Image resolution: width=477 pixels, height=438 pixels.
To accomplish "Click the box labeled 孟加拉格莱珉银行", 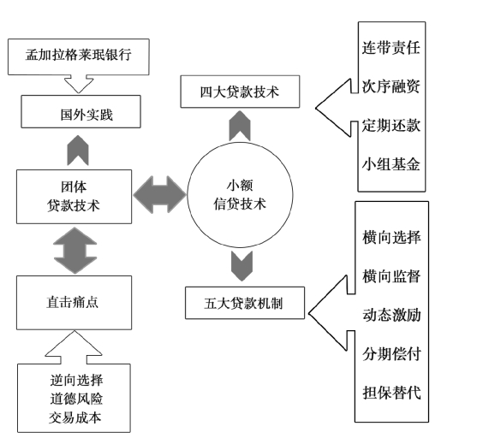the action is tap(79, 56).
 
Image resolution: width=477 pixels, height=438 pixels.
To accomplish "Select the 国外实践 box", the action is tap(80, 111).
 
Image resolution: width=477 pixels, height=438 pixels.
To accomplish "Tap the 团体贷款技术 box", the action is tap(75, 197).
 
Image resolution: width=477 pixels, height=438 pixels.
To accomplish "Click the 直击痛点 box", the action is tap(75, 303).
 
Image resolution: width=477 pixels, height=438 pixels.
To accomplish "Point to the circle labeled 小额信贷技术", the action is tap(240, 195).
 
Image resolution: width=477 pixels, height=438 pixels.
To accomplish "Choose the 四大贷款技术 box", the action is tap(240, 92).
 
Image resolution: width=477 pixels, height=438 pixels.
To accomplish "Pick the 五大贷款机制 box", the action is tap(245, 303).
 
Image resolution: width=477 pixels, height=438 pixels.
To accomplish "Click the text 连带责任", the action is tap(391, 48).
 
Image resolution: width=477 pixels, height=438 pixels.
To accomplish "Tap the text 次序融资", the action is tap(391, 86).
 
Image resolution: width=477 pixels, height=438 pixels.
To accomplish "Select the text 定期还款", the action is tap(391, 125).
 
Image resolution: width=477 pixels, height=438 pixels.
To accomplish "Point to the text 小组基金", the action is tap(391, 164).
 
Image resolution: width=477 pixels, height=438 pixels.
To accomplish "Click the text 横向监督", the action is tap(392, 276).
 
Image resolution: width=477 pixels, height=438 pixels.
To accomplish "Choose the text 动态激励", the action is tap(392, 315).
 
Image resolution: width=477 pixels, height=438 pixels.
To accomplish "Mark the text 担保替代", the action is tap(392, 393).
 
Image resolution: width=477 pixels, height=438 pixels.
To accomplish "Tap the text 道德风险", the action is tap(77, 399).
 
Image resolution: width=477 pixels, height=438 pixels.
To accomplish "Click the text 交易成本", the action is tap(75, 418).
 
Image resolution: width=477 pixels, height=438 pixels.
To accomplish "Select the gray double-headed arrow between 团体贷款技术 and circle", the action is tap(159, 194).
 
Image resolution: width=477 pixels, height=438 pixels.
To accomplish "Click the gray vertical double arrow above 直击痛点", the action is tap(75, 251).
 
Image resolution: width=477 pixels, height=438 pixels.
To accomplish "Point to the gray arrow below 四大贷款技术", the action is tap(240, 126).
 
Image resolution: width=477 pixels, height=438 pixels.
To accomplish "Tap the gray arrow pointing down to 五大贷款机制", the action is tap(241, 266).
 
